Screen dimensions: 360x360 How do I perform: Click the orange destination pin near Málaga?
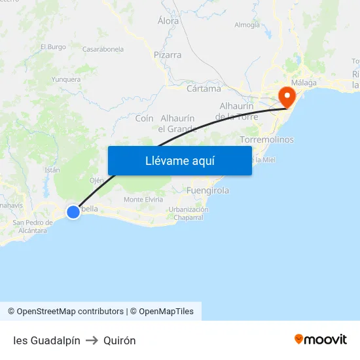click(x=286, y=96)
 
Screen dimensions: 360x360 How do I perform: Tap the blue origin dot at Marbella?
click(x=73, y=211)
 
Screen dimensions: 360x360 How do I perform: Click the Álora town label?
click(x=168, y=21)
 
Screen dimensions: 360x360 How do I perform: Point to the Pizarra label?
click(x=168, y=55)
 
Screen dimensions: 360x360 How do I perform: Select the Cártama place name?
click(x=204, y=88)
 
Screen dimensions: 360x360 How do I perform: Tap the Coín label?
click(x=144, y=118)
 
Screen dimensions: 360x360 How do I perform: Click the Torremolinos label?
click(x=266, y=140)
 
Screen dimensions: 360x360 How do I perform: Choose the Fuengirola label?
click(x=207, y=191)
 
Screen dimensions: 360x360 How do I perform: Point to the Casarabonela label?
click(x=103, y=49)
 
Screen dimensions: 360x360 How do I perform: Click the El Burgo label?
click(x=53, y=47)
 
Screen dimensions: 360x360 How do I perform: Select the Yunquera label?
click(x=66, y=80)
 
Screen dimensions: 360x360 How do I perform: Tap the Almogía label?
click(x=247, y=26)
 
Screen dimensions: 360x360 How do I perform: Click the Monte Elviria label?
click(x=143, y=200)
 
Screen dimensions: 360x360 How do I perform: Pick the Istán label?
click(x=52, y=170)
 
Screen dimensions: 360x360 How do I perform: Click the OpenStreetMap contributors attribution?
click(x=65, y=312)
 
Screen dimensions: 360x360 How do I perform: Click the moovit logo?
click(x=321, y=339)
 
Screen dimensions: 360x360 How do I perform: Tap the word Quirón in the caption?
click(x=120, y=340)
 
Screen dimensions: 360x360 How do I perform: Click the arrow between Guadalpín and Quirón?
click(x=92, y=340)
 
